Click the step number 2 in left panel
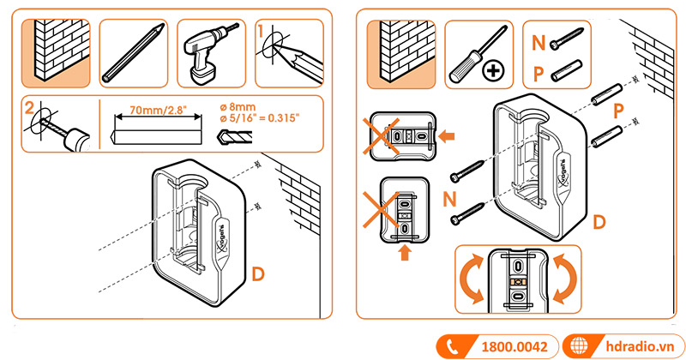29,108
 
